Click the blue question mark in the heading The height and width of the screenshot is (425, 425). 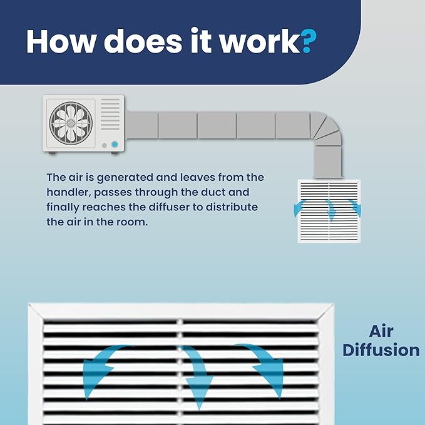[309, 41]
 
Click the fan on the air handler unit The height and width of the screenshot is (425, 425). [71, 123]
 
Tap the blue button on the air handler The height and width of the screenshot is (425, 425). [115, 144]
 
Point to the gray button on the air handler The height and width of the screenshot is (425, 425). [105, 146]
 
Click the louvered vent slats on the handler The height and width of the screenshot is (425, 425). [110, 114]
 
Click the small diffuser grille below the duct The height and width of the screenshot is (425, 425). [329, 211]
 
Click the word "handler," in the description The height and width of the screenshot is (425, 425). [69, 192]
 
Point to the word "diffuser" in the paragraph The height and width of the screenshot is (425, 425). [169, 207]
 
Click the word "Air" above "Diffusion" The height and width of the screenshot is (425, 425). [381, 331]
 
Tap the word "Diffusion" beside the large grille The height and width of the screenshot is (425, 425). [381, 350]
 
